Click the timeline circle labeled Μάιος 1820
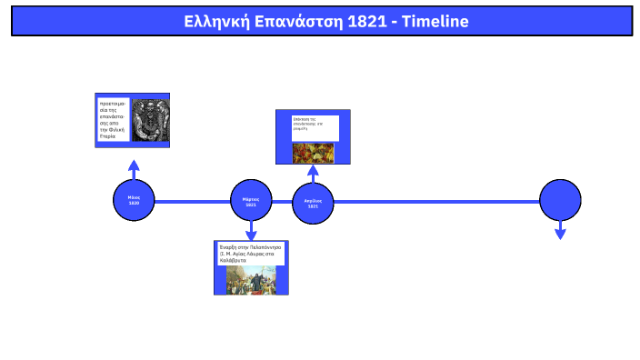134,200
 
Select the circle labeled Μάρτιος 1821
252,200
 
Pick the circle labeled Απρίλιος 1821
313,202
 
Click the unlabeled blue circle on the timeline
560,200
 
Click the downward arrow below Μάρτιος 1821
252,233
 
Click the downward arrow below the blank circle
560,233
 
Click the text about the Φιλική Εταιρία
114,120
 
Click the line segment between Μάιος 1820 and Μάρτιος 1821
193,201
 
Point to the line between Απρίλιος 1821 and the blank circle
436,201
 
